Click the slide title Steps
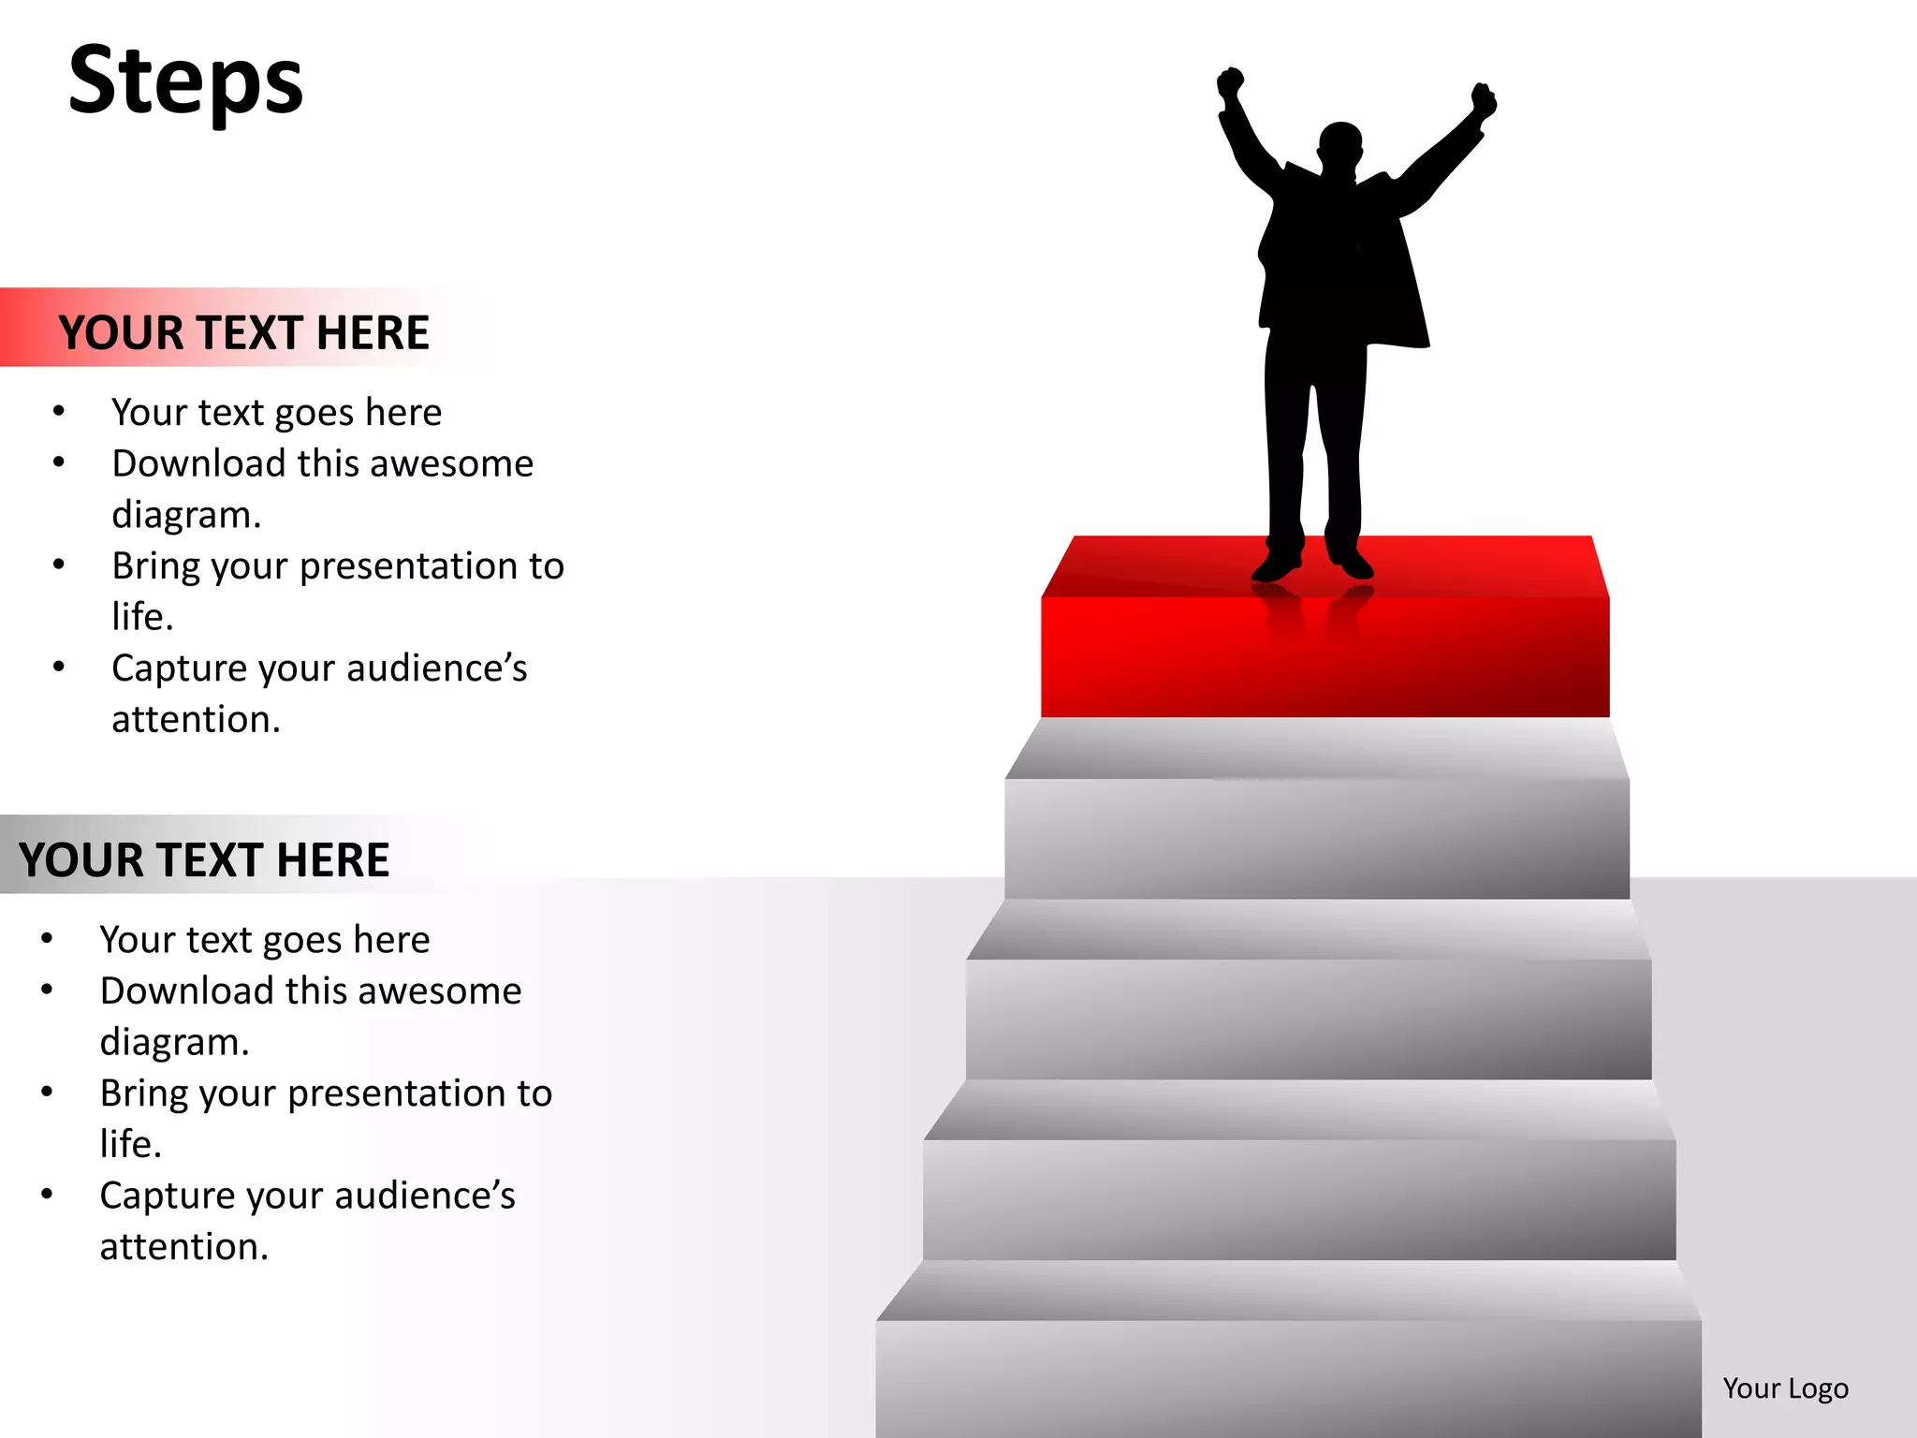tap(185, 82)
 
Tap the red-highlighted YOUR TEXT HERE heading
tap(243, 332)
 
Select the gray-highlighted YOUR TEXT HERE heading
tap(204, 859)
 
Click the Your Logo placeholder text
tap(1785, 1387)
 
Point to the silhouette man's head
tap(1339, 148)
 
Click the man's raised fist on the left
tap(1229, 83)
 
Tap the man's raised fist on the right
tap(1483, 100)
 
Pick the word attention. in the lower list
tap(184, 1247)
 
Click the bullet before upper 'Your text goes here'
tap(59, 411)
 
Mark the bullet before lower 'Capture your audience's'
tap(47, 1195)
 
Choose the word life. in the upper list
tap(142, 617)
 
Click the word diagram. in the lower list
tap(175, 1042)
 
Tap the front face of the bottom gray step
tap(1288, 1376)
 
